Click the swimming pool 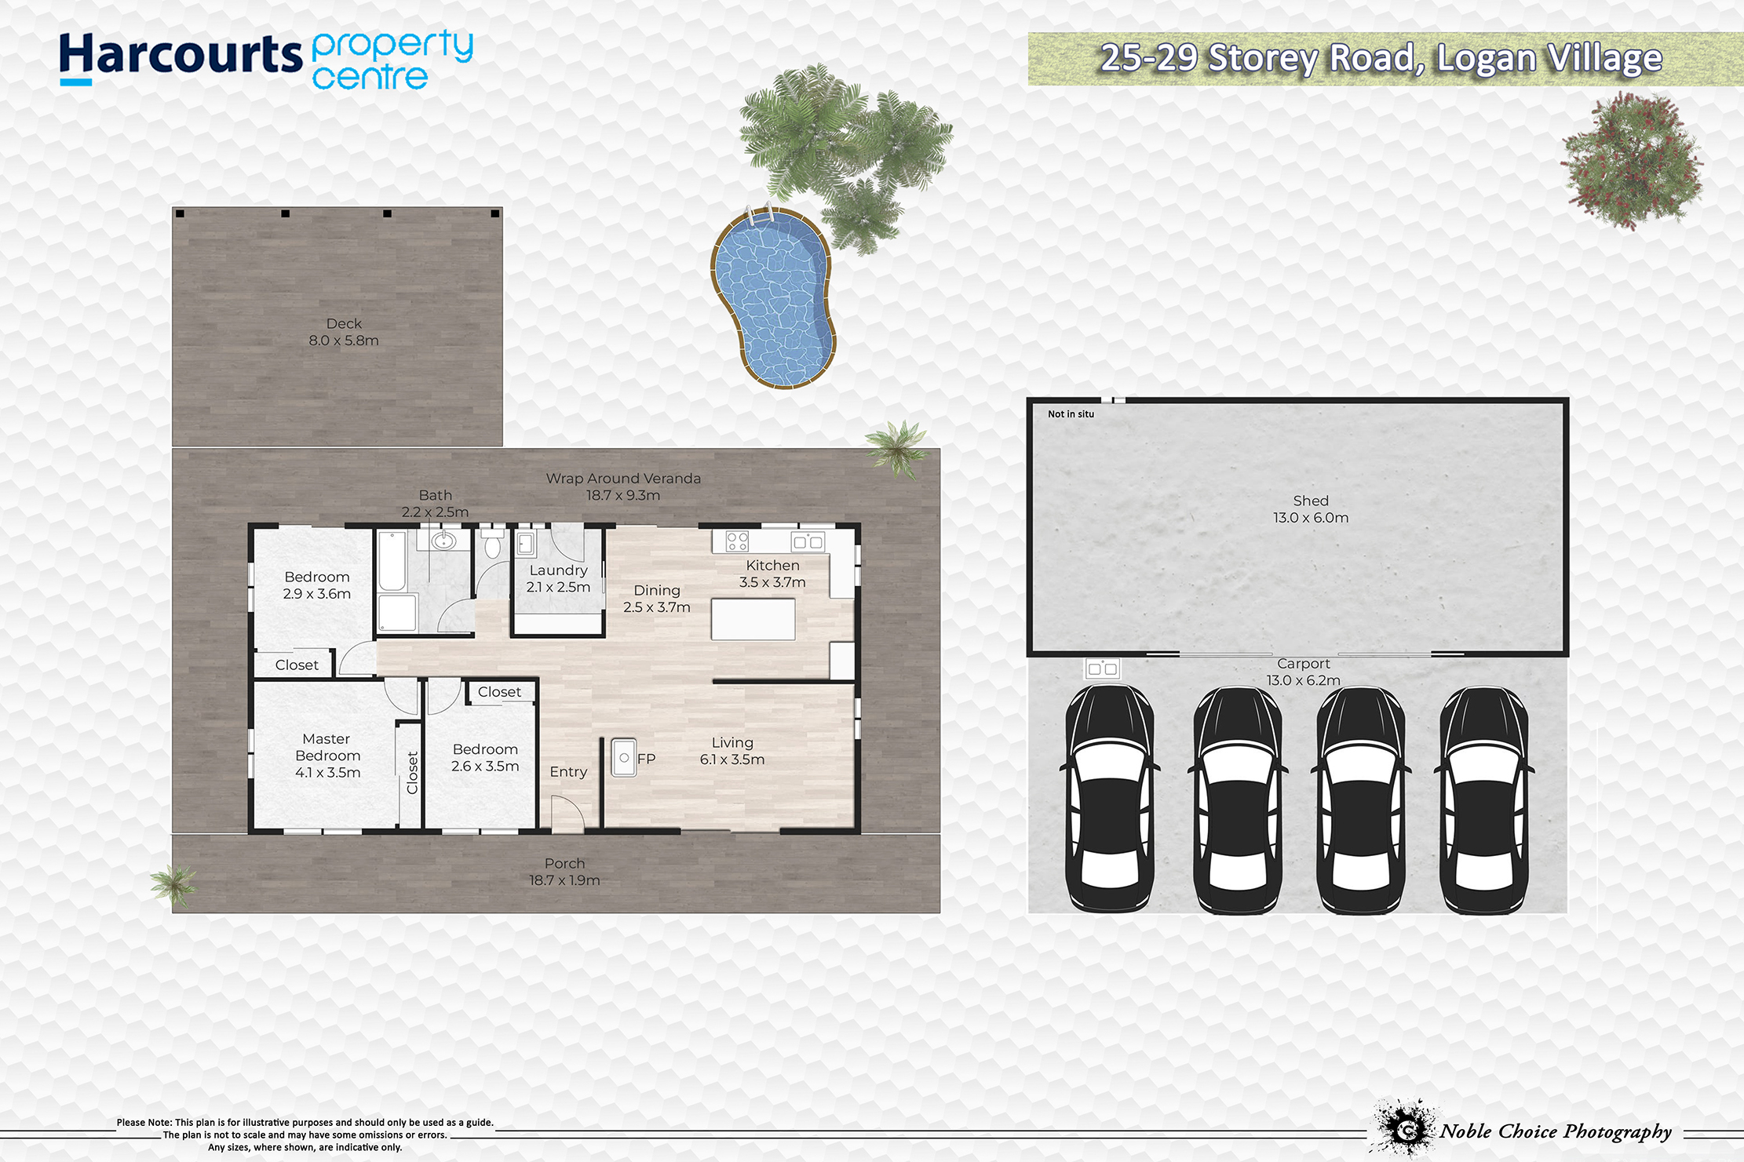point(773,298)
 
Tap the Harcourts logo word point(181,56)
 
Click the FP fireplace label point(646,759)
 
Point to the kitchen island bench point(753,619)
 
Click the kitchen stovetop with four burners point(737,541)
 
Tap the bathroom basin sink point(443,541)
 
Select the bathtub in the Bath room point(392,561)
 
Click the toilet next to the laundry point(492,541)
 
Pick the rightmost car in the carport point(1483,799)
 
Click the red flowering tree point(1631,160)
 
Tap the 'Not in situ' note point(1071,414)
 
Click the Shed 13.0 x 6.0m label point(1311,509)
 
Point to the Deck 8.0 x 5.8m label point(344,332)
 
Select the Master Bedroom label point(327,756)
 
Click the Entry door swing point(567,814)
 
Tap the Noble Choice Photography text point(1556,1131)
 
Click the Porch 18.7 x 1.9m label point(564,872)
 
